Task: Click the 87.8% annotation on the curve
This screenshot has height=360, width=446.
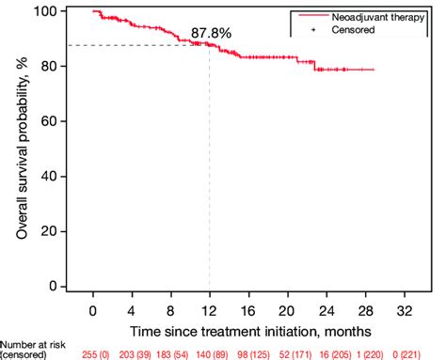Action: click(211, 33)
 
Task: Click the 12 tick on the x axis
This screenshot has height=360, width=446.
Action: click(209, 309)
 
